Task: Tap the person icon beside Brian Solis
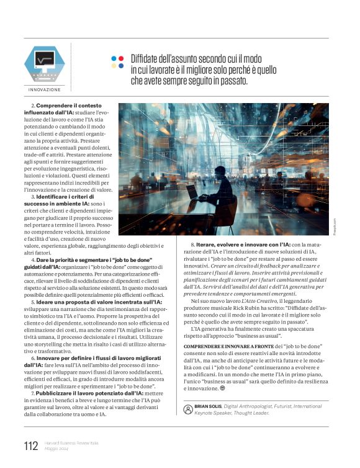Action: click(x=188, y=410)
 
